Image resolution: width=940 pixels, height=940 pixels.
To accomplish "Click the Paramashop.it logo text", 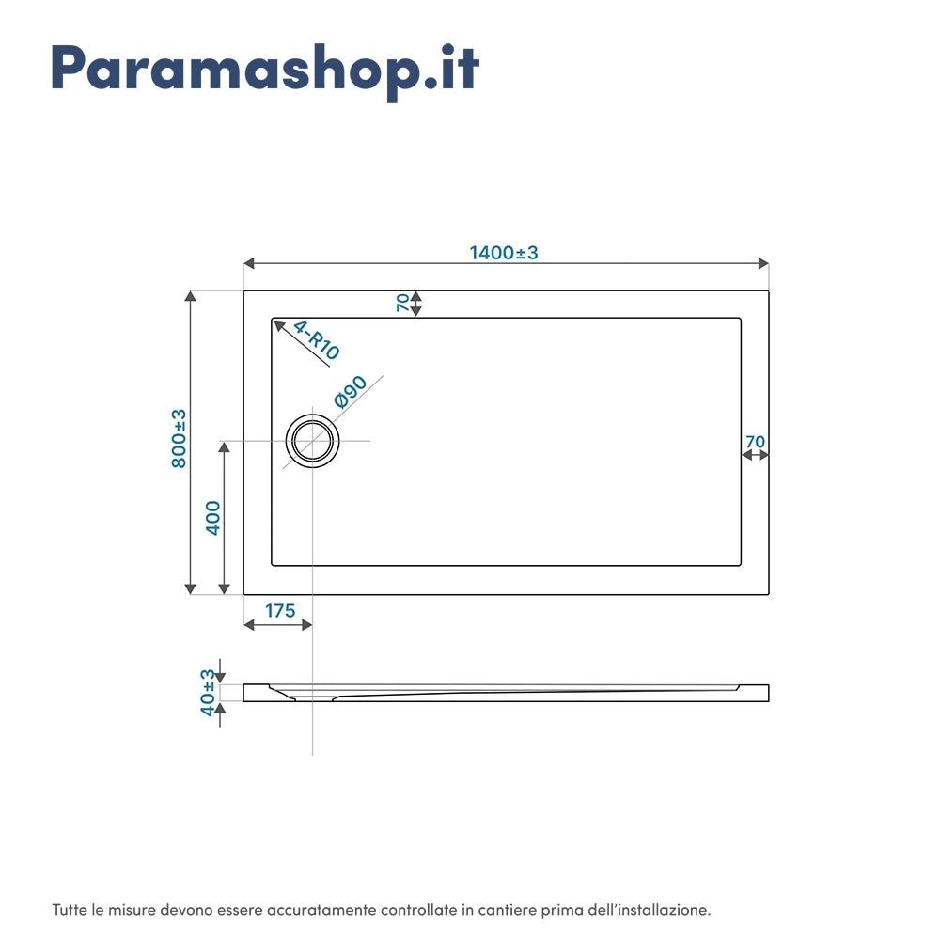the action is (265, 70).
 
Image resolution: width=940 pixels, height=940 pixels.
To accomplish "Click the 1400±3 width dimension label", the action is (504, 253).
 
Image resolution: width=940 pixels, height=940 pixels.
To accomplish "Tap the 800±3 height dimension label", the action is (179, 439).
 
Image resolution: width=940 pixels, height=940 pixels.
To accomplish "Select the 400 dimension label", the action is (212, 518).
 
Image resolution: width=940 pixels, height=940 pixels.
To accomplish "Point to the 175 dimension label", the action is (280, 611).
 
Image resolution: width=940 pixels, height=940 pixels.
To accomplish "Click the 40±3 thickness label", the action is (208, 693).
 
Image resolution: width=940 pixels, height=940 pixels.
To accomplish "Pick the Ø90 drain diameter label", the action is (350, 391).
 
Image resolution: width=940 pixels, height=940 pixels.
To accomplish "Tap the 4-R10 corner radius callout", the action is (317, 340).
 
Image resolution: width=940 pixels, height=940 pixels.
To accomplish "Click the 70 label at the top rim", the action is (403, 303).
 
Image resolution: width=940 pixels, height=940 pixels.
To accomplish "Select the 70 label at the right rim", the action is (756, 442).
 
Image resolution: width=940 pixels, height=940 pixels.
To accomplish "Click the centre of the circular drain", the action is (312, 441).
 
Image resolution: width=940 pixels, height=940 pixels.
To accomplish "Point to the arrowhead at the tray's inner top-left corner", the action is (279, 325).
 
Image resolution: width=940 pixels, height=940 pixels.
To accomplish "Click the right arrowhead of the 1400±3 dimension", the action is (763, 263).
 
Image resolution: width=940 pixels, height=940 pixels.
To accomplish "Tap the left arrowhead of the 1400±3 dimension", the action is (249, 263).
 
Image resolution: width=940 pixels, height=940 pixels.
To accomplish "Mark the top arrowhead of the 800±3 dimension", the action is (191, 296).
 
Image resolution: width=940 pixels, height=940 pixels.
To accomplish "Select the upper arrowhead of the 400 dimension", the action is (225, 447).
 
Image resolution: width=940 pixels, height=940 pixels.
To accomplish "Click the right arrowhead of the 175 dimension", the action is (306, 625).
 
